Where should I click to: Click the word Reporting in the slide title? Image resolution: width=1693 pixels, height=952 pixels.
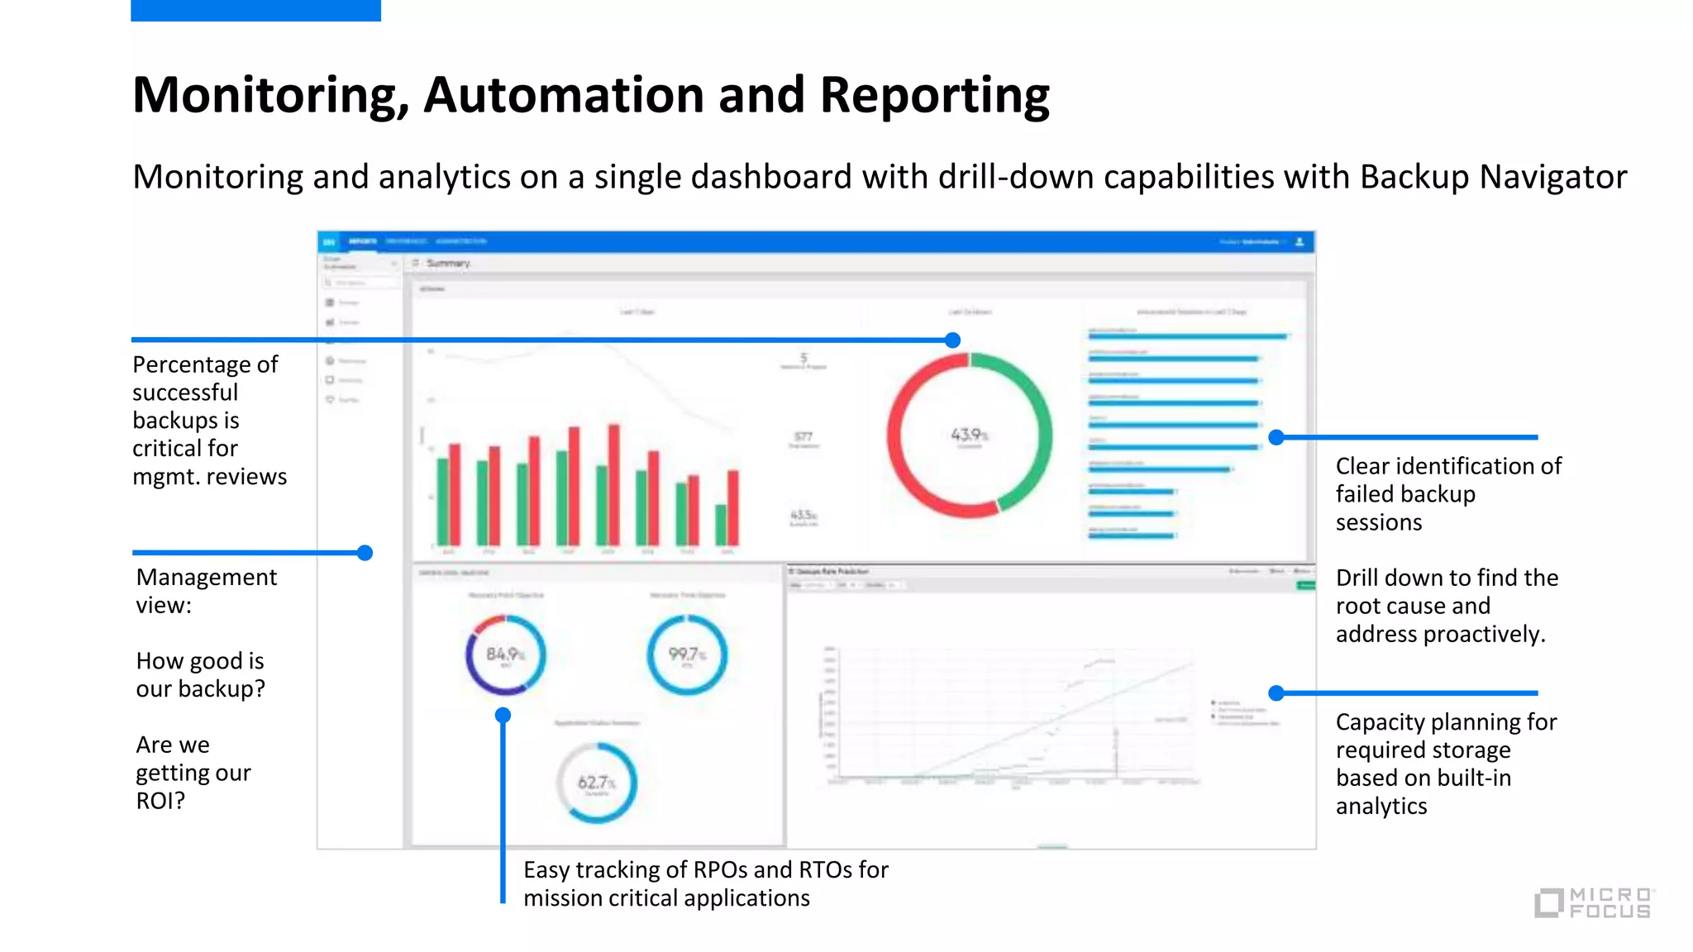click(934, 95)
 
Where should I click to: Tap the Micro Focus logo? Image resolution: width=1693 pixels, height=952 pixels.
click(1595, 902)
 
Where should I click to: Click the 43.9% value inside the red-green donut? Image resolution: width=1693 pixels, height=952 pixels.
click(968, 435)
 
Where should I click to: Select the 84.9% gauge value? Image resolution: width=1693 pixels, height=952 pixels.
click(504, 654)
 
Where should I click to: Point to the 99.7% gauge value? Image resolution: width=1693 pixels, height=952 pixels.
click(686, 654)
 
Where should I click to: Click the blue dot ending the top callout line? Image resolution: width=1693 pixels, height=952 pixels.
click(952, 340)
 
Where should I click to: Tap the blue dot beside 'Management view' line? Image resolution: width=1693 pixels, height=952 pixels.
click(365, 553)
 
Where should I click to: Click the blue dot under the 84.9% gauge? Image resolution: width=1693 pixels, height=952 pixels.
click(503, 715)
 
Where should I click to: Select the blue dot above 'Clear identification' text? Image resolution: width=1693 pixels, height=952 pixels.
click(1276, 437)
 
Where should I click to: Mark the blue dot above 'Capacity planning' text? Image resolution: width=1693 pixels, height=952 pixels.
click(1276, 693)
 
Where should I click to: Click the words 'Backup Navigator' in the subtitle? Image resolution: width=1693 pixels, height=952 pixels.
click(1493, 177)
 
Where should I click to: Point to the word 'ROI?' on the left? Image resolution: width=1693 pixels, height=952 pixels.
click(160, 801)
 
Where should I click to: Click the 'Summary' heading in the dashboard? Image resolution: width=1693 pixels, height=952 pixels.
click(448, 263)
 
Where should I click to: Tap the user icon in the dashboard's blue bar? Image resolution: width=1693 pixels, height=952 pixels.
click(1299, 241)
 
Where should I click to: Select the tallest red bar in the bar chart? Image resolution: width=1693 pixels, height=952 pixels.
click(613, 485)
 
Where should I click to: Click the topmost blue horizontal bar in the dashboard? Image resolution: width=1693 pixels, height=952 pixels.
click(1187, 336)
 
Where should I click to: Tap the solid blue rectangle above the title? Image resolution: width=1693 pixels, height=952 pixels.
click(255, 10)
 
